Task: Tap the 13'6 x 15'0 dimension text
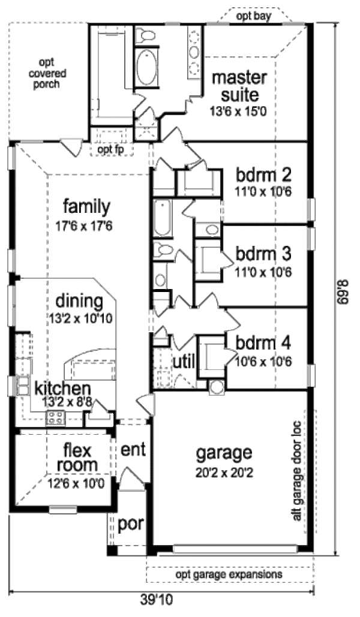[235, 111]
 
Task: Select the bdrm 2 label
[263, 176]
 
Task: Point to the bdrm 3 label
[263, 254]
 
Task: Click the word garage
[225, 452]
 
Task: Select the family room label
[87, 207]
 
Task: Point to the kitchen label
[62, 388]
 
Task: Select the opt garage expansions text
[229, 574]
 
